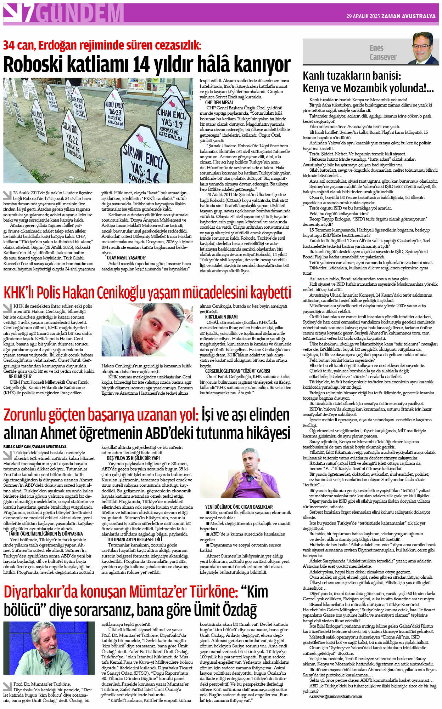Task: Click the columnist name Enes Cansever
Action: [x=382, y=52]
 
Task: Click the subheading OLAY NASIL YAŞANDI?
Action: [x=126, y=258]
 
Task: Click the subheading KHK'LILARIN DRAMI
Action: [x=221, y=317]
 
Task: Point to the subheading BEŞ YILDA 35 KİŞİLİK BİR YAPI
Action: [x=133, y=458]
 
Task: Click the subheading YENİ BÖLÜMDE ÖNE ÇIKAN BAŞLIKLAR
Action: [x=239, y=507]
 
